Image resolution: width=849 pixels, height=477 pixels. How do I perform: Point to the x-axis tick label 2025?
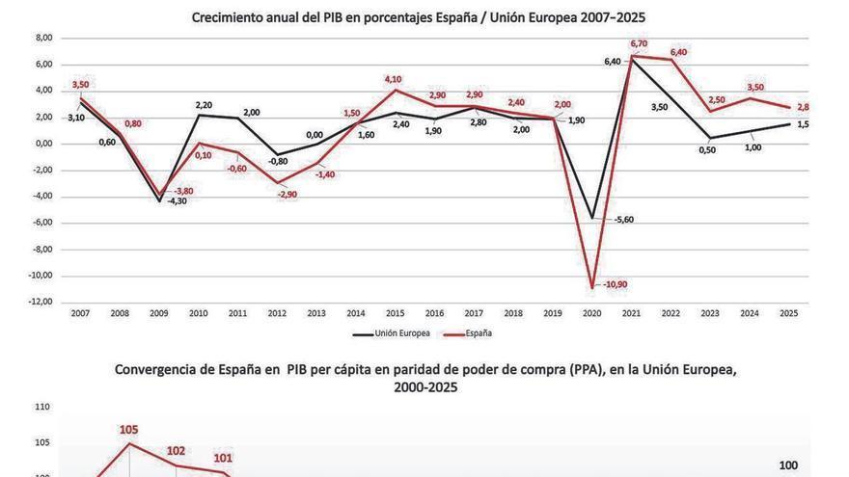coord(788,312)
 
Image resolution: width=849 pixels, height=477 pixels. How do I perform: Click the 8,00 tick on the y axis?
coord(43,39)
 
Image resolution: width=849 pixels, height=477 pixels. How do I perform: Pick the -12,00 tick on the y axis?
coord(41,303)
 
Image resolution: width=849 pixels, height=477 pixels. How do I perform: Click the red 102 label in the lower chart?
coord(176,450)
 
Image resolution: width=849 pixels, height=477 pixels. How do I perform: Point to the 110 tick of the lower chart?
coord(41,408)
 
